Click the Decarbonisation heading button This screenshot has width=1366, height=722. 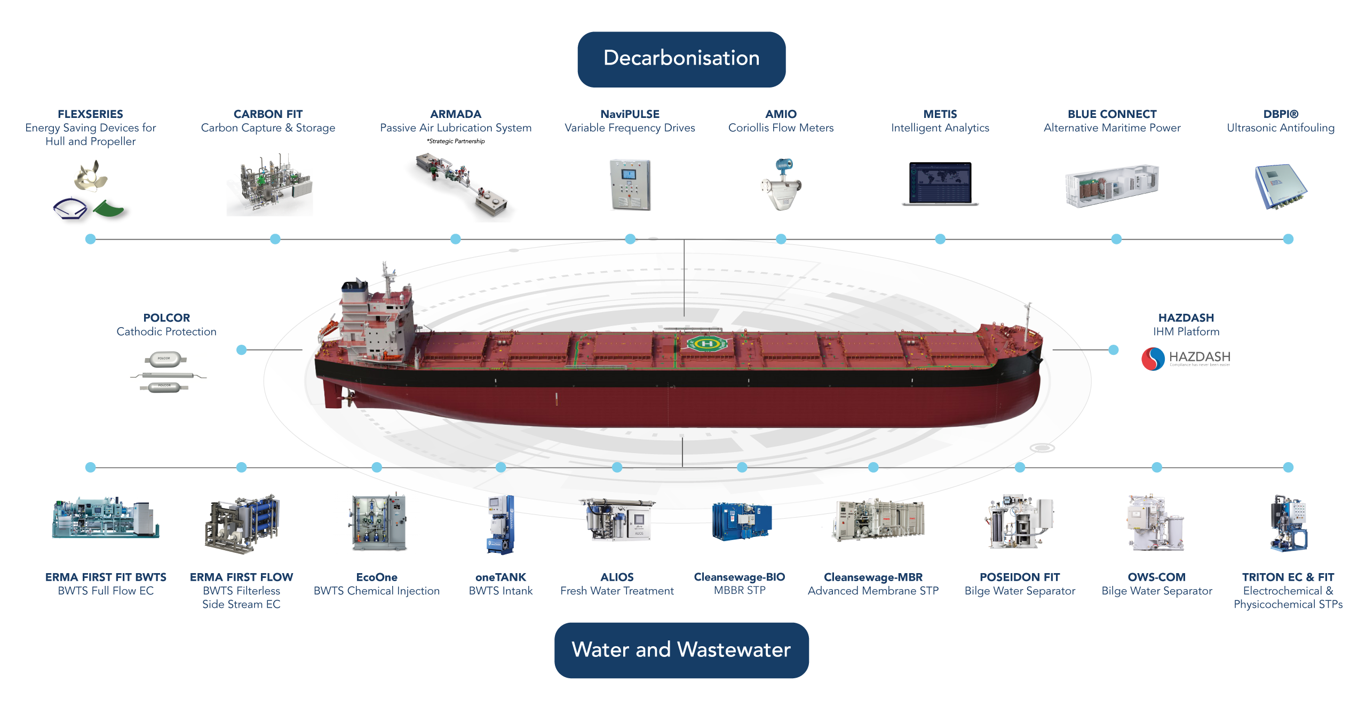click(681, 59)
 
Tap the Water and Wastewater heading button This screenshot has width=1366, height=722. click(681, 650)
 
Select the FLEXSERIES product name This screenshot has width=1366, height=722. click(90, 114)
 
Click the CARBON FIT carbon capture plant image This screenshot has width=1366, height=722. click(269, 186)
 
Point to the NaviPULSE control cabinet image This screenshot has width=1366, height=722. click(630, 184)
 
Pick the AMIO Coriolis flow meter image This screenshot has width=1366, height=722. click(781, 185)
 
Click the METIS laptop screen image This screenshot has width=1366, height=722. click(940, 183)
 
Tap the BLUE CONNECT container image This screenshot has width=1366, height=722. click(1112, 185)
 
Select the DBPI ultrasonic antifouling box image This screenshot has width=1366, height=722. click(1280, 187)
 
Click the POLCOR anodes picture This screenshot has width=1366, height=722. click(166, 372)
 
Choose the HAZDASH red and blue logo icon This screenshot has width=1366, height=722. click(1153, 359)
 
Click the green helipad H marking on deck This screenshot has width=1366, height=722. click(706, 344)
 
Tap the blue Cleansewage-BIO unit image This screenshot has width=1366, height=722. click(741, 521)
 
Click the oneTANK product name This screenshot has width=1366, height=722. click(501, 577)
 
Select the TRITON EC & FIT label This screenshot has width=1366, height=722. click(1288, 577)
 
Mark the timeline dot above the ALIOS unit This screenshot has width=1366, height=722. click(617, 467)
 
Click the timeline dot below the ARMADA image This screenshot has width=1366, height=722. click(456, 239)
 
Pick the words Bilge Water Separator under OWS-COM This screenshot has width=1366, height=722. click(1156, 591)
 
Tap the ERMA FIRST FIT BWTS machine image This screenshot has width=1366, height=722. click(106, 519)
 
